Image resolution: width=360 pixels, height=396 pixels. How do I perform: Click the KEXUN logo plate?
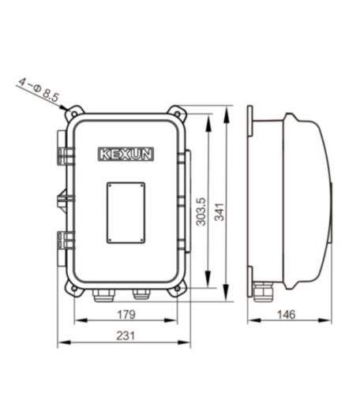pyautogui.click(x=126, y=154)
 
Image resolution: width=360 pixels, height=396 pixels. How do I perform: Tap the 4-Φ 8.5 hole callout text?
pyautogui.click(x=39, y=89)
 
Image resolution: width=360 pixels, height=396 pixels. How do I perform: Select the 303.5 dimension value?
pyautogui.click(x=201, y=211)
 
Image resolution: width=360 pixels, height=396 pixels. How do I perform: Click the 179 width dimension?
pyautogui.click(x=126, y=314)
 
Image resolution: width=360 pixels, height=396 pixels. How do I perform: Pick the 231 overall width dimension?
pyautogui.click(x=126, y=336)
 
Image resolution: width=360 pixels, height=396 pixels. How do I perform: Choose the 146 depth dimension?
pyautogui.click(x=287, y=314)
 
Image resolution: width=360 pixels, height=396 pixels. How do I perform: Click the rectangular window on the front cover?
pyautogui.click(x=126, y=213)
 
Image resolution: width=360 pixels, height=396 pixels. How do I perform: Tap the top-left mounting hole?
pyautogui.click(x=74, y=114)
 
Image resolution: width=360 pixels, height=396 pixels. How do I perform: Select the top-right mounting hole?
pyautogui.click(x=178, y=114)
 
